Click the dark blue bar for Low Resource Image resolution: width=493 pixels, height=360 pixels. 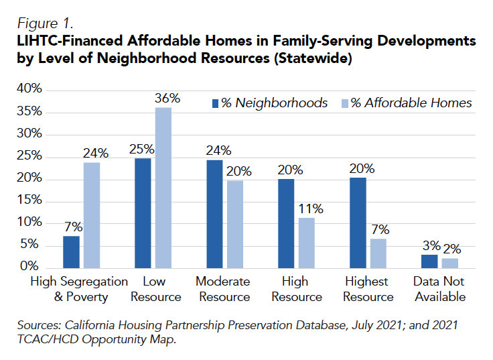tap(143, 213)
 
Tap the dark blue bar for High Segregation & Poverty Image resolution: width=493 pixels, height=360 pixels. tap(71, 251)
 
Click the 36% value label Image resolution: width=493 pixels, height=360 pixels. tap(167, 98)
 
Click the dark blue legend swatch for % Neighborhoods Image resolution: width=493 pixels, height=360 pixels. tap(216, 103)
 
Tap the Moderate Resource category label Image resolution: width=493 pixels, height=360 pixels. tap(222, 289)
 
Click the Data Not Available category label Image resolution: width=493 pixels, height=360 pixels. tap(439, 289)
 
